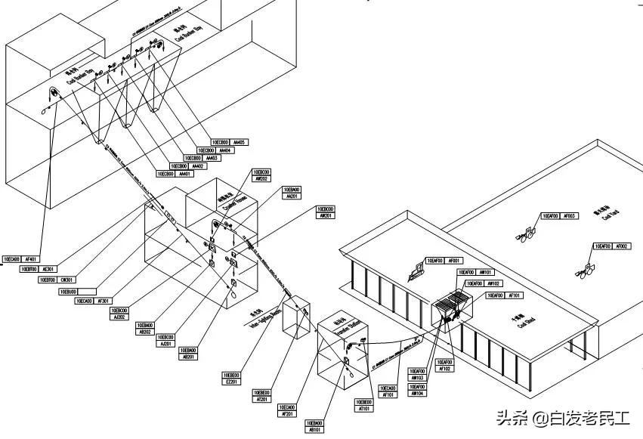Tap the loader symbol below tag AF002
click(x=586, y=268)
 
